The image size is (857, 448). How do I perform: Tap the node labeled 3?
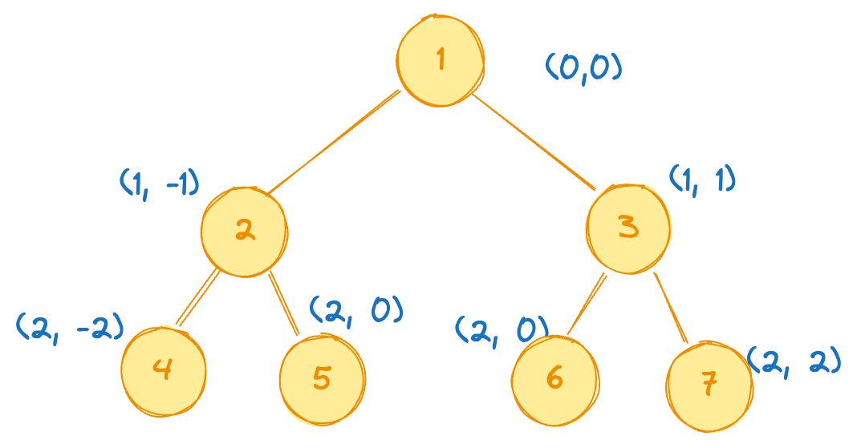point(628,228)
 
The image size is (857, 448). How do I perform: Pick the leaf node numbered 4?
point(164,370)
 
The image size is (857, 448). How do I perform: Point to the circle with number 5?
point(322,377)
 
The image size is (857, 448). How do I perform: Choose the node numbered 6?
point(554,376)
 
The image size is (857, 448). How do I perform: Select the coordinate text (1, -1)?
point(158,184)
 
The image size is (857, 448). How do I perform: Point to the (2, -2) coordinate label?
point(71,325)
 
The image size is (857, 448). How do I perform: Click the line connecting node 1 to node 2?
point(333,142)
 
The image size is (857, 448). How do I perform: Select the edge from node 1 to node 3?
point(534,141)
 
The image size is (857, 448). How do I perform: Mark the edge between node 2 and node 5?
point(284,303)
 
